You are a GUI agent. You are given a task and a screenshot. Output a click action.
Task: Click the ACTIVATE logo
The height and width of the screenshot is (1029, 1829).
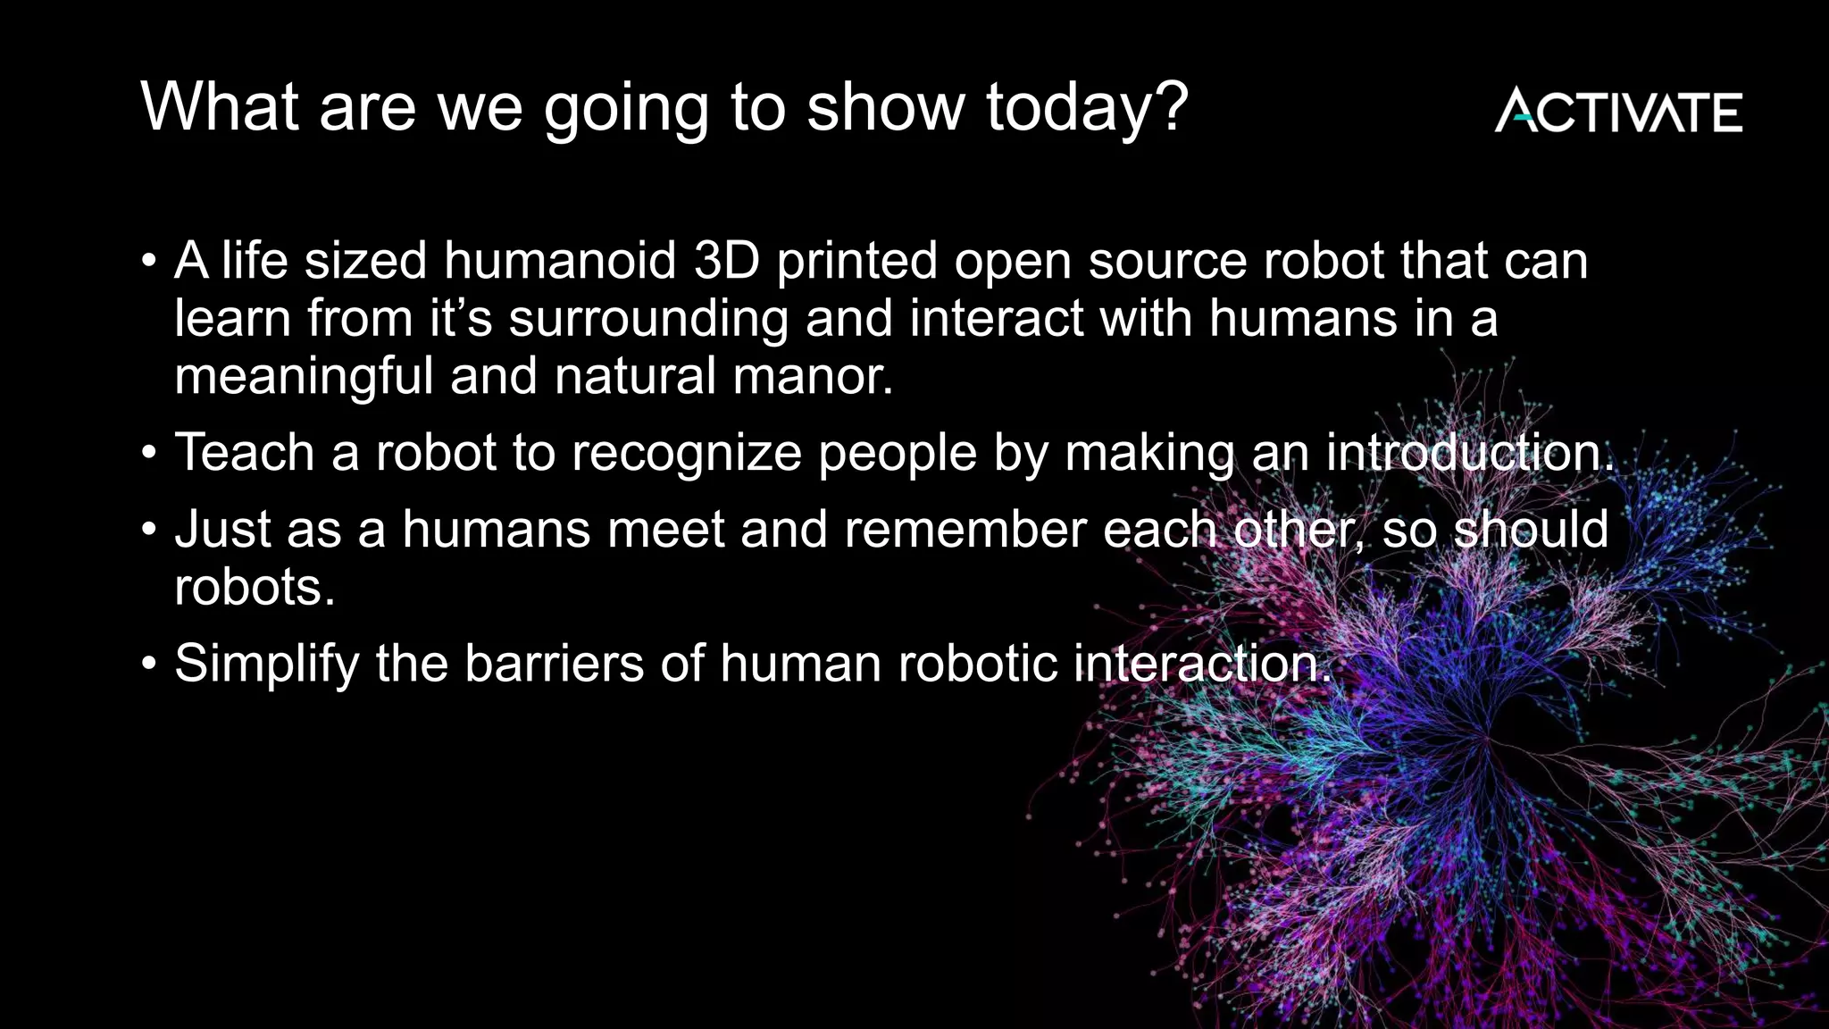pos(1617,112)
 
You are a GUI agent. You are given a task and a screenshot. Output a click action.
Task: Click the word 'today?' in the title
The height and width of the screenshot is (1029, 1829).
pos(1087,107)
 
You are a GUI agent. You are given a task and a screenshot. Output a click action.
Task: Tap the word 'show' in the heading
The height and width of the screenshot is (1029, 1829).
pos(885,107)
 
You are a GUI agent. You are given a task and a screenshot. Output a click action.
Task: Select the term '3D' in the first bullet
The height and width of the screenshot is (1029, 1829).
pos(726,261)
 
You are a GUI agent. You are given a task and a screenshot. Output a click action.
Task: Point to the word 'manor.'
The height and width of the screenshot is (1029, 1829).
pos(812,376)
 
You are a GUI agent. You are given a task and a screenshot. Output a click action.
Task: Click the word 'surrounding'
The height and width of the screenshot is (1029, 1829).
pos(648,319)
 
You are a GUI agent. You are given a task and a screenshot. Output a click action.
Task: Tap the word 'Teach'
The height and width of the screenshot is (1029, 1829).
pos(245,452)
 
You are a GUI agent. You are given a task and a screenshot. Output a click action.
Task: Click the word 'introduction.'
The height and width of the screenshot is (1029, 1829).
pos(1470,452)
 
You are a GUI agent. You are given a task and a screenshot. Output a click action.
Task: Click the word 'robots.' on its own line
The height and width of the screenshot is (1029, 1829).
pos(255,587)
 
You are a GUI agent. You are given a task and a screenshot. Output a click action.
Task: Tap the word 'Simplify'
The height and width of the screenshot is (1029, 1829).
pos(266,665)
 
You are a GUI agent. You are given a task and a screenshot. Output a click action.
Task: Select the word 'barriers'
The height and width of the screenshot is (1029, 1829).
pos(554,664)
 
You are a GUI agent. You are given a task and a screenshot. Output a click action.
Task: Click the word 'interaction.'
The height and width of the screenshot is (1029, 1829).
pos(1202,664)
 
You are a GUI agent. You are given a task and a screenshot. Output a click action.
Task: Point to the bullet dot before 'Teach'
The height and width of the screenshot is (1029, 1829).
pos(149,454)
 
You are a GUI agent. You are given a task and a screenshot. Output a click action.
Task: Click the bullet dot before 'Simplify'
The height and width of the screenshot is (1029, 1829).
pos(149,665)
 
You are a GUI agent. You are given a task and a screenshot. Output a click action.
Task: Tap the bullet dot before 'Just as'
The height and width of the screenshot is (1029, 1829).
pos(149,531)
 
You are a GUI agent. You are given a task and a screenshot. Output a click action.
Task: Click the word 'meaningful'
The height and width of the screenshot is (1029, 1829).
pos(304,376)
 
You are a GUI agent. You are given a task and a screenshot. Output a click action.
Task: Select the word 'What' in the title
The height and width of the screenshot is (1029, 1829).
pos(220,107)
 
